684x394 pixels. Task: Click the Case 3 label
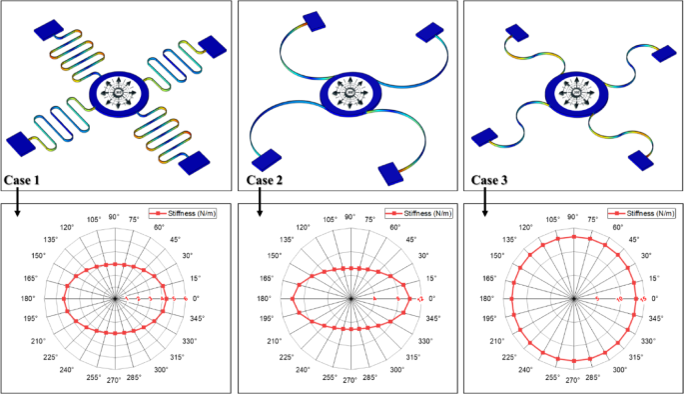pyautogui.click(x=490, y=180)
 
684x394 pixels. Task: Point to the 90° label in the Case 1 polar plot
pyautogui.click(x=115, y=216)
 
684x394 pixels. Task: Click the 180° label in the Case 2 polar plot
pyautogui.click(x=264, y=298)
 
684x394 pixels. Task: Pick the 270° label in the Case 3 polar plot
pyautogui.click(x=573, y=381)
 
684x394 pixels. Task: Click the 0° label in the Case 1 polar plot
pyautogui.click(x=197, y=298)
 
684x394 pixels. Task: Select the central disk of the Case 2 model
pyautogui.click(x=349, y=96)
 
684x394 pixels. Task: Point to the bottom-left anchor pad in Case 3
pyautogui.click(x=484, y=137)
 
